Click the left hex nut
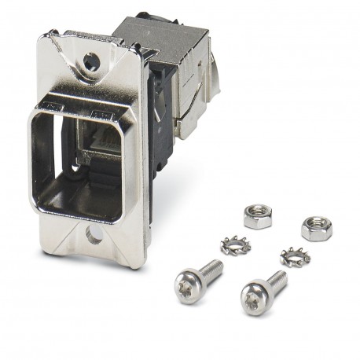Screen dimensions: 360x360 257,216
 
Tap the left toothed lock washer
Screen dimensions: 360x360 235,245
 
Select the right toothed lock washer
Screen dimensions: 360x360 295,256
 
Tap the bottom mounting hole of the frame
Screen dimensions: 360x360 94,233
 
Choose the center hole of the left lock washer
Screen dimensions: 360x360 235,245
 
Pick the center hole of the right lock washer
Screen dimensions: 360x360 295,256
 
